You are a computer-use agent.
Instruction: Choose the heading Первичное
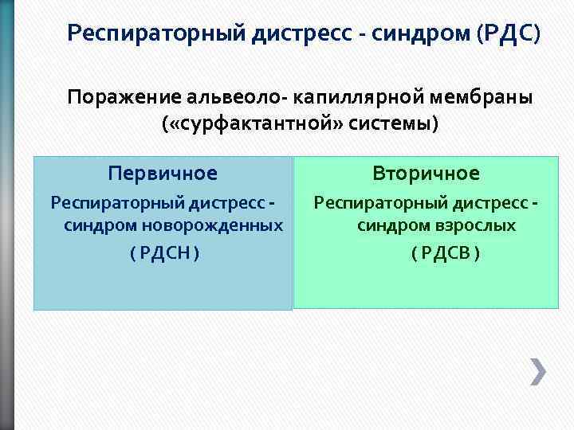163,173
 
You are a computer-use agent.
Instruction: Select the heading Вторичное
426,173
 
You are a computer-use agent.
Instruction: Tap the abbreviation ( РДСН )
163,253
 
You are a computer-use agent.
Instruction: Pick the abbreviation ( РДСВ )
445,253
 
